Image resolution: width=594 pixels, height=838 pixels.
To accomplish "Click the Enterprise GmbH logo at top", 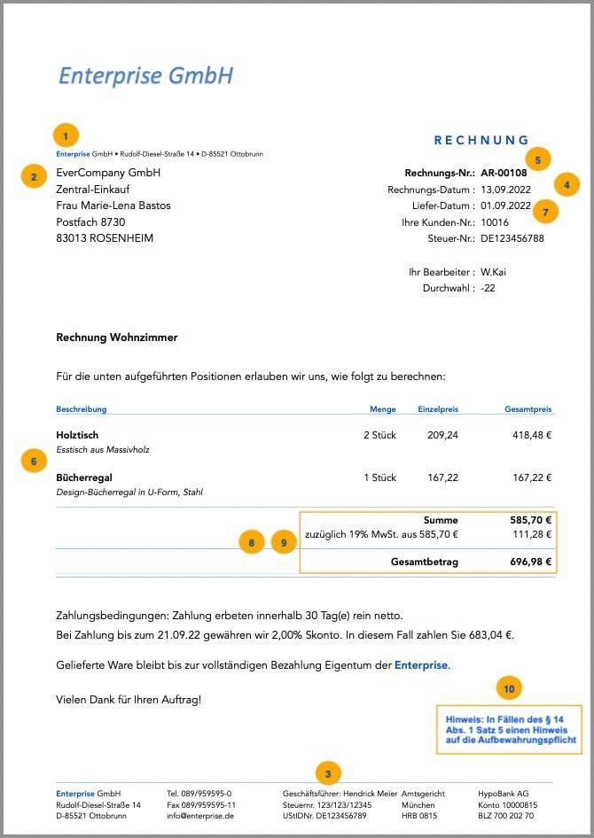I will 145,75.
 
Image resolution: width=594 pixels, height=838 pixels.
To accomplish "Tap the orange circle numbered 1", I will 66,136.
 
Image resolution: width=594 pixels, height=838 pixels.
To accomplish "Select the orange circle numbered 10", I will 508,688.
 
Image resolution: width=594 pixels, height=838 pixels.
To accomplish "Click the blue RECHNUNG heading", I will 481,140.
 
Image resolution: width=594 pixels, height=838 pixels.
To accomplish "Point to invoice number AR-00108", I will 510,174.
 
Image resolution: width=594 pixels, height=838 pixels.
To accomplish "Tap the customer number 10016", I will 495,222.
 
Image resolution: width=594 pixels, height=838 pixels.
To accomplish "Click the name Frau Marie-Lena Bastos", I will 113,206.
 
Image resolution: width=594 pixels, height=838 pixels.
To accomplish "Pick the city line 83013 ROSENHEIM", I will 104,238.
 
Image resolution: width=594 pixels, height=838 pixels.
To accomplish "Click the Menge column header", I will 383,409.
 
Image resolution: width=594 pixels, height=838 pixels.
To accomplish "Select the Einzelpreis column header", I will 438,409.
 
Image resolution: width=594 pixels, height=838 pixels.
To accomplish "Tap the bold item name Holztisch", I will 77,435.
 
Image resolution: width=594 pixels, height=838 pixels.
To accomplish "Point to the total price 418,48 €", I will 532,435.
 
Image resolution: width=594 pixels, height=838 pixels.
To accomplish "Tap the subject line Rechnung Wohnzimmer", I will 117,338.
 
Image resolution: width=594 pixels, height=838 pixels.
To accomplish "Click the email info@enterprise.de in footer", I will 200,816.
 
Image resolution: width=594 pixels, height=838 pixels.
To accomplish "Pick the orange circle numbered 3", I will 328,773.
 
